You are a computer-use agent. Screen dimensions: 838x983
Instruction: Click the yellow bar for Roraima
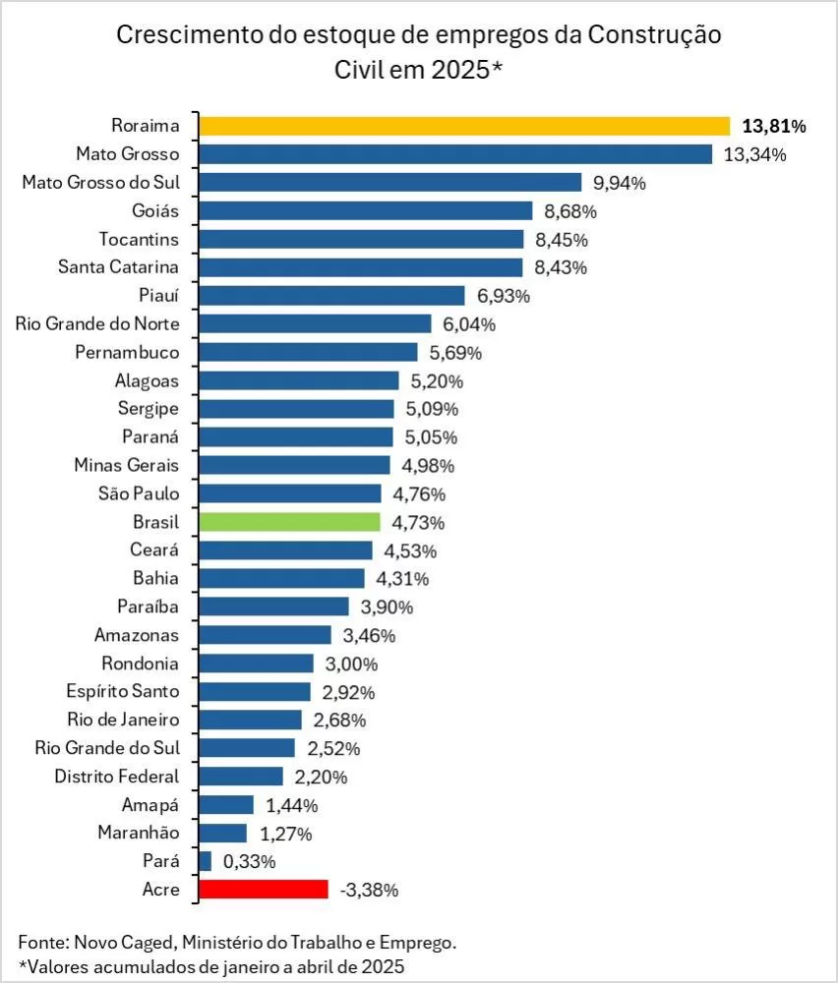click(x=464, y=126)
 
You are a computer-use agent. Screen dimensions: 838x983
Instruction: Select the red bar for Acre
click(x=264, y=890)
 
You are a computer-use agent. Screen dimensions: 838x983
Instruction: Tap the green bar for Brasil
click(x=289, y=522)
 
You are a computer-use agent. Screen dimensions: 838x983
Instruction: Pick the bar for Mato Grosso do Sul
click(x=390, y=183)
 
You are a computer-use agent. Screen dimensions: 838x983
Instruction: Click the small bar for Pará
click(x=206, y=861)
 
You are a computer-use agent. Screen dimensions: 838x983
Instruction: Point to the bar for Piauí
click(x=331, y=295)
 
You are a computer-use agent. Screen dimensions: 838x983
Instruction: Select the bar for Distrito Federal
click(x=241, y=777)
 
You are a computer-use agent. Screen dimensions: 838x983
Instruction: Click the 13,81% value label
click(x=774, y=127)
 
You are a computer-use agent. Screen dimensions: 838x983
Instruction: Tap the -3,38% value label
click(x=369, y=891)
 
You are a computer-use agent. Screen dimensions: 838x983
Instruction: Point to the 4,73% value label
click(x=418, y=523)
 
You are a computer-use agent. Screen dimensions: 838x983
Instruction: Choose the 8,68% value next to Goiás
click(x=570, y=212)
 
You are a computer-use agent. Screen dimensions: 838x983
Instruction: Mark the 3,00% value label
click(x=351, y=664)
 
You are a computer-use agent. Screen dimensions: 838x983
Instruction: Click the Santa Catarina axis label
click(x=119, y=267)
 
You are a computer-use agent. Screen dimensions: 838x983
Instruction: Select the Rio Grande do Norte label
click(x=97, y=323)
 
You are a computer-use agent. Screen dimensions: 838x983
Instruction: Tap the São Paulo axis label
click(x=139, y=493)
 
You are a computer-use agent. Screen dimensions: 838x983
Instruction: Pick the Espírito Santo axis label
click(x=123, y=691)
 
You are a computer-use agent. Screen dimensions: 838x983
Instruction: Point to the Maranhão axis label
click(x=139, y=833)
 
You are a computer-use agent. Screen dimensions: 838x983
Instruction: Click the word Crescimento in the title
click(x=191, y=35)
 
